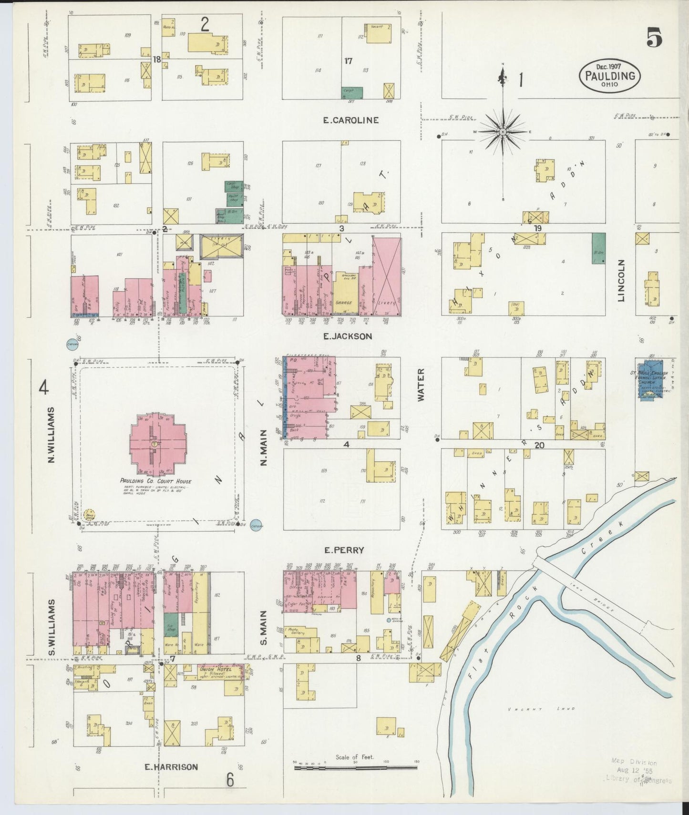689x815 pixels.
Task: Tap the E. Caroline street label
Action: tap(350, 120)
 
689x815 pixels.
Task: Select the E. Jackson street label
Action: tap(347, 336)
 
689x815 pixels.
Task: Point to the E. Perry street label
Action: tap(344, 550)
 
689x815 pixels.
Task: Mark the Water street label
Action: tap(422, 385)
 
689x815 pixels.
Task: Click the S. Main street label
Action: tap(264, 628)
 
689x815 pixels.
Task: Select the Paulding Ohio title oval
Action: tap(610, 76)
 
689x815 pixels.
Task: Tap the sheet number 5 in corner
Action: tap(654, 38)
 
